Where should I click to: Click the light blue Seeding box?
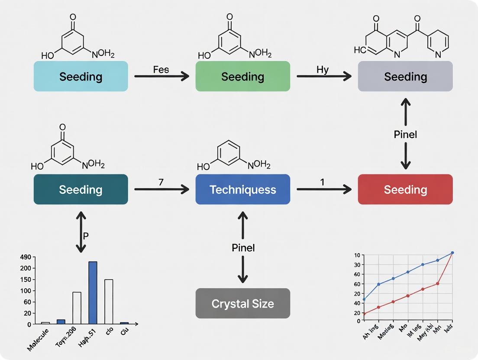[81, 77]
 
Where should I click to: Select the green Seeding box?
[242, 77]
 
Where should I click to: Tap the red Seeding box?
[405, 190]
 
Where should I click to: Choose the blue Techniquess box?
[242, 190]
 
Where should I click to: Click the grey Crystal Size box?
[242, 304]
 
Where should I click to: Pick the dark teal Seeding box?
[81, 190]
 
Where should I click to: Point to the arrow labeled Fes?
[161, 77]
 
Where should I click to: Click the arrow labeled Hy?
[324, 77]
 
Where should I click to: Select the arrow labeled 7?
[161, 189]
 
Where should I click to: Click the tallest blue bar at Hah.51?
[93, 292]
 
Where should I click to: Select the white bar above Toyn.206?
[77, 308]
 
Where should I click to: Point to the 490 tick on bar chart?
[26, 257]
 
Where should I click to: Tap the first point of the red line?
[364, 314]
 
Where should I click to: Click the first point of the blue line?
[364, 299]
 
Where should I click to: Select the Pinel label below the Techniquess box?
[242, 248]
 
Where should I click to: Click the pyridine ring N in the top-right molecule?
[438, 55]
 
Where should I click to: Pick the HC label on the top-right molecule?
[360, 50]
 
